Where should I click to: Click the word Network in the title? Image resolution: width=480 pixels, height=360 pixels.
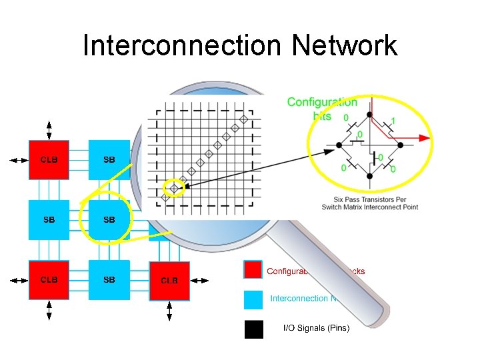(x=344, y=45)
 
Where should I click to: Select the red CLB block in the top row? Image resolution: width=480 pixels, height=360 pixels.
(x=49, y=159)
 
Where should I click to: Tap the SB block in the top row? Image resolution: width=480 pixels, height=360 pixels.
(x=109, y=159)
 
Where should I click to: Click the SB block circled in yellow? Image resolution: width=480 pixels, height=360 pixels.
(x=109, y=219)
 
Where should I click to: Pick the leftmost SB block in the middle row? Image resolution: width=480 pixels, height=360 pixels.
(x=49, y=219)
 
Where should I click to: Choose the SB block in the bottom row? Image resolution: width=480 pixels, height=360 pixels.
(x=109, y=279)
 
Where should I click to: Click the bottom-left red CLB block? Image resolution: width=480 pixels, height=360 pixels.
(x=49, y=279)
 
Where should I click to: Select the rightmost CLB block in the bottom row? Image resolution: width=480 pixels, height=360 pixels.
(x=169, y=280)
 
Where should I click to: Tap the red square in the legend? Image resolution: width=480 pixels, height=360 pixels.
(x=253, y=270)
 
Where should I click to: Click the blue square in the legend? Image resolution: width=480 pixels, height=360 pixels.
(x=253, y=299)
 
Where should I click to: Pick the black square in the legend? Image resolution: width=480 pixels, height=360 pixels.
(x=253, y=329)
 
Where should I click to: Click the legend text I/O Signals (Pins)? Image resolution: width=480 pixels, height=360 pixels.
(x=316, y=328)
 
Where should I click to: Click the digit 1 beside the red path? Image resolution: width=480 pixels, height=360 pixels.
(x=393, y=121)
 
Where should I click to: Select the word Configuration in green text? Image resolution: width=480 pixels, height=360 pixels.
(x=322, y=102)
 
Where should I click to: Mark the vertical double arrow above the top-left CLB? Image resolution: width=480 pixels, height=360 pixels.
(x=49, y=129)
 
